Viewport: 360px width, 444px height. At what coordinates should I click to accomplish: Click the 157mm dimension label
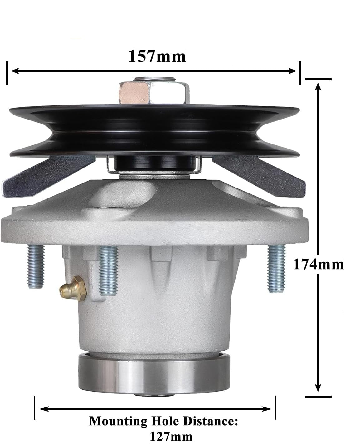tap(157, 56)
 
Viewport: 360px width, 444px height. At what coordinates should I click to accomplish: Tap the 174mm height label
tap(318, 265)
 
